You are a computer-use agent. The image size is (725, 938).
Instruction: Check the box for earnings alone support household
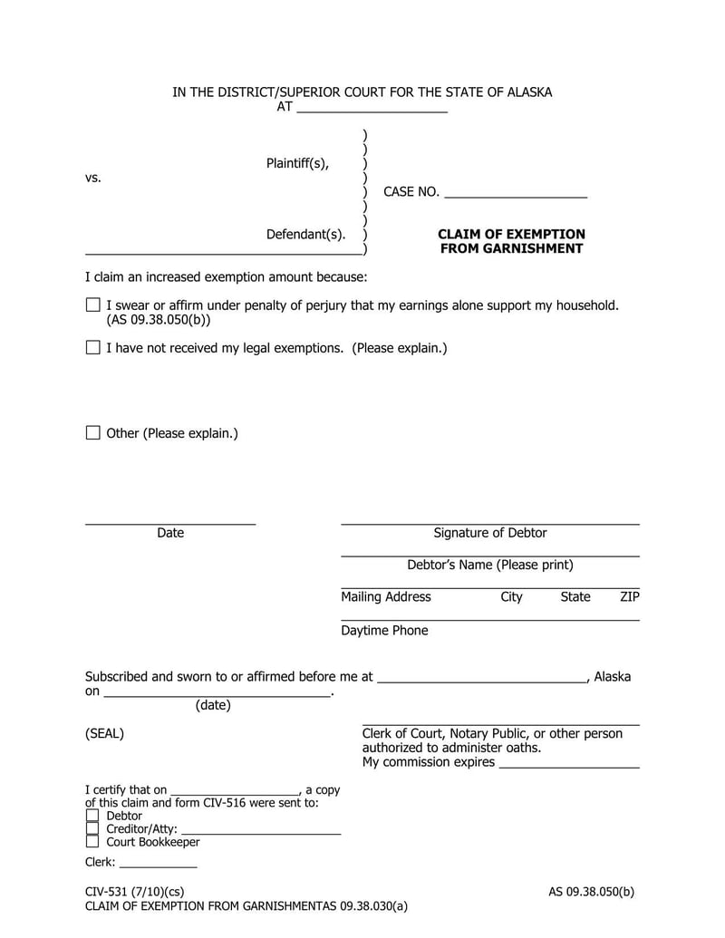click(92, 305)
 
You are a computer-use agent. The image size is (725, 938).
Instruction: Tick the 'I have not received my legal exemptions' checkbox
click(92, 347)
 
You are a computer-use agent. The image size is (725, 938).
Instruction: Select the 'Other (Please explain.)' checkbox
click(92, 432)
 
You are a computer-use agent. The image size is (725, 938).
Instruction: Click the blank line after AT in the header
click(372, 108)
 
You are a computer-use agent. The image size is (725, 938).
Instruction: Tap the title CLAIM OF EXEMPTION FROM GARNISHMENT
click(511, 241)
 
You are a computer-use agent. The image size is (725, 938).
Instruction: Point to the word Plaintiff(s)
click(297, 163)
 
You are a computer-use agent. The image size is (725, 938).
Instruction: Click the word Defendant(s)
click(305, 235)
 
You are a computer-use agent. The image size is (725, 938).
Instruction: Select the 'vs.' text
click(93, 179)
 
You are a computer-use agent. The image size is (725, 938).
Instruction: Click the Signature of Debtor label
click(489, 533)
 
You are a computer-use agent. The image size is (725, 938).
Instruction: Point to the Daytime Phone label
click(384, 631)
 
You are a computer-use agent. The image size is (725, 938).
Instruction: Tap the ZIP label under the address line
click(629, 597)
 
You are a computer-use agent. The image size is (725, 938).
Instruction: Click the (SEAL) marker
click(104, 734)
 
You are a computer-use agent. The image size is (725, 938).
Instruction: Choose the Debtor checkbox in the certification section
click(92, 816)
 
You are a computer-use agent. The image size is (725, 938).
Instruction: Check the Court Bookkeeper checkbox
click(92, 842)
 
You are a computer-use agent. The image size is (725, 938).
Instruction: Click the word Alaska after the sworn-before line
click(613, 677)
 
